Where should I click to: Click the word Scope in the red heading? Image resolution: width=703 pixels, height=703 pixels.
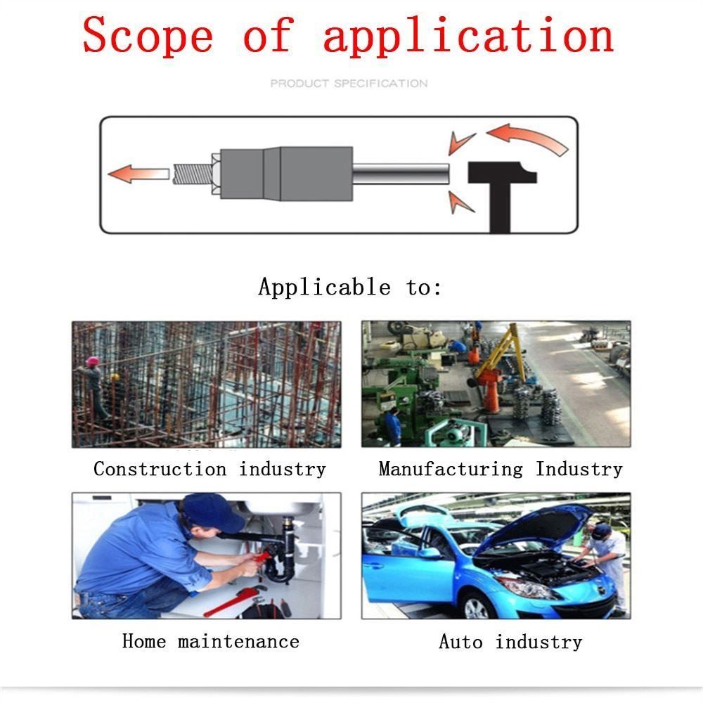point(148,35)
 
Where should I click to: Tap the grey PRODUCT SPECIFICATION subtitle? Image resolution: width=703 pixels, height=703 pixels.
point(349,84)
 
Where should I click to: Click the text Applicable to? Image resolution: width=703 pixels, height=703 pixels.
point(349,287)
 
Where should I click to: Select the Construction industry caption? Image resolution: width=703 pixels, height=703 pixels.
point(209,469)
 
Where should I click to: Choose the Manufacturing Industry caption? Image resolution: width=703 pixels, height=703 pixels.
point(501,469)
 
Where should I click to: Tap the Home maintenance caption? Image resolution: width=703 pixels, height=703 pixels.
point(210,641)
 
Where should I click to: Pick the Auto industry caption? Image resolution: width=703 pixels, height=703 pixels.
point(510,642)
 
